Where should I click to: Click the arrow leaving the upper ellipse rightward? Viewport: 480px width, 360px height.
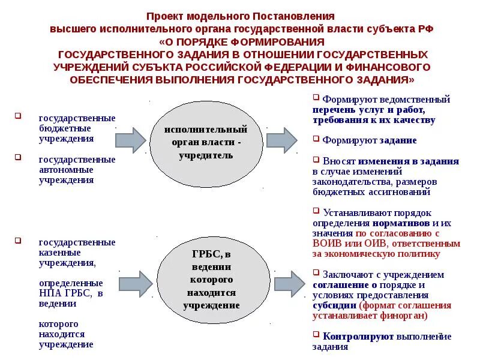281,140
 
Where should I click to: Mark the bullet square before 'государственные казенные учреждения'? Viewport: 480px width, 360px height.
18,241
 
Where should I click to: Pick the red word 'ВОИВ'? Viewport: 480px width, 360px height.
326,244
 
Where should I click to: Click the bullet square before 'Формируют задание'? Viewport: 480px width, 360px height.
316,139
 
